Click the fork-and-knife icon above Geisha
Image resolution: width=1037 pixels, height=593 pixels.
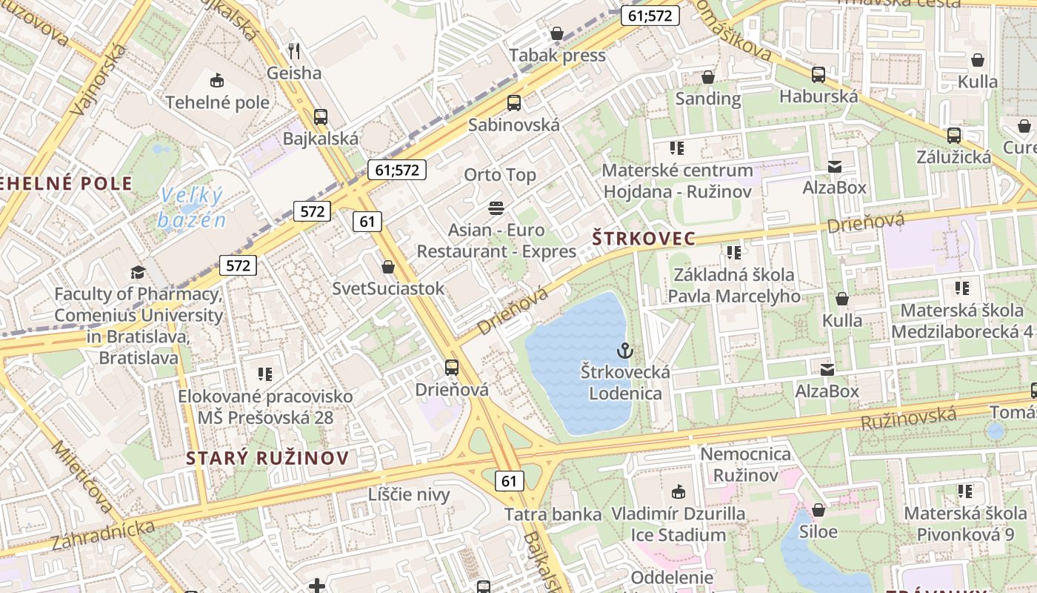[x=294, y=50]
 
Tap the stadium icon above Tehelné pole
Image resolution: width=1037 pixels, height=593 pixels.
[x=217, y=80]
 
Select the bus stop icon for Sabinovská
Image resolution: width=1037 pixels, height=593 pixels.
[x=514, y=103]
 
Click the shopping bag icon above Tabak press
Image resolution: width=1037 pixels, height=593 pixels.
[x=557, y=33]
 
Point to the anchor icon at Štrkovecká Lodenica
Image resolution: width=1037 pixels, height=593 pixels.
[x=625, y=349]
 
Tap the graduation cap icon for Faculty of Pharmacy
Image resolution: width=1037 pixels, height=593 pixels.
[x=138, y=272]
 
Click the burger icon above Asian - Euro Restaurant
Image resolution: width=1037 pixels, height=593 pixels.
[x=496, y=208]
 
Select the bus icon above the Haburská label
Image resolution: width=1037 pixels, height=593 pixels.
[x=818, y=74]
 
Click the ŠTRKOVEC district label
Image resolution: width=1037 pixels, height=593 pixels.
[x=644, y=238]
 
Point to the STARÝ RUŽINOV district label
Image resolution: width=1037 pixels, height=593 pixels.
[x=267, y=457]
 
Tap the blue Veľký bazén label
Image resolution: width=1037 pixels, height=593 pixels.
[x=191, y=208]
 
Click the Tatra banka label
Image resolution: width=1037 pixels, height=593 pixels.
[x=553, y=514]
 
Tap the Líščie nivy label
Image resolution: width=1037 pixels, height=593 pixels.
[x=409, y=494]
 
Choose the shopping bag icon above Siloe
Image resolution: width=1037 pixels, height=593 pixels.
[x=818, y=510]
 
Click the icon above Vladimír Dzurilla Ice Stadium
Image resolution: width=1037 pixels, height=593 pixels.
[x=678, y=491]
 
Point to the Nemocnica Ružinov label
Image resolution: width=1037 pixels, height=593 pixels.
[x=745, y=464]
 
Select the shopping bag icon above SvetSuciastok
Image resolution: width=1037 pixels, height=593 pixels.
[x=388, y=267]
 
